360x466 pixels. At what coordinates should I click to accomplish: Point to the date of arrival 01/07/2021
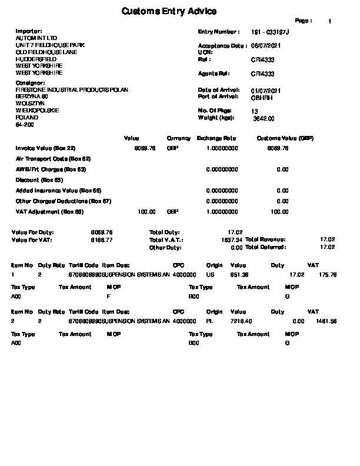[265, 90]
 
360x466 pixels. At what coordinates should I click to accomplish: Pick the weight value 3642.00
[263, 118]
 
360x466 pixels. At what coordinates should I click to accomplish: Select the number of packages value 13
[254, 111]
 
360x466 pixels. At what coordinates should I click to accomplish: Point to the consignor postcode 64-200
[25, 125]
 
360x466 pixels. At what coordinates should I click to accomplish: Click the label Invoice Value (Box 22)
[45, 148]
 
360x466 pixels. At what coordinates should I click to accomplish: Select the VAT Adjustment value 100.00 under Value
[146, 212]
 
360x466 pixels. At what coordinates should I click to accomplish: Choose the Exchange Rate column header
[216, 138]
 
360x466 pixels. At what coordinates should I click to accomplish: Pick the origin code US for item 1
[210, 274]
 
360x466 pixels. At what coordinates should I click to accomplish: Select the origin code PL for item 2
[210, 321]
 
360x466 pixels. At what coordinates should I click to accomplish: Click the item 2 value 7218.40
[241, 321]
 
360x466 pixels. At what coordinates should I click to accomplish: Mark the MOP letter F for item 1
[108, 297]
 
